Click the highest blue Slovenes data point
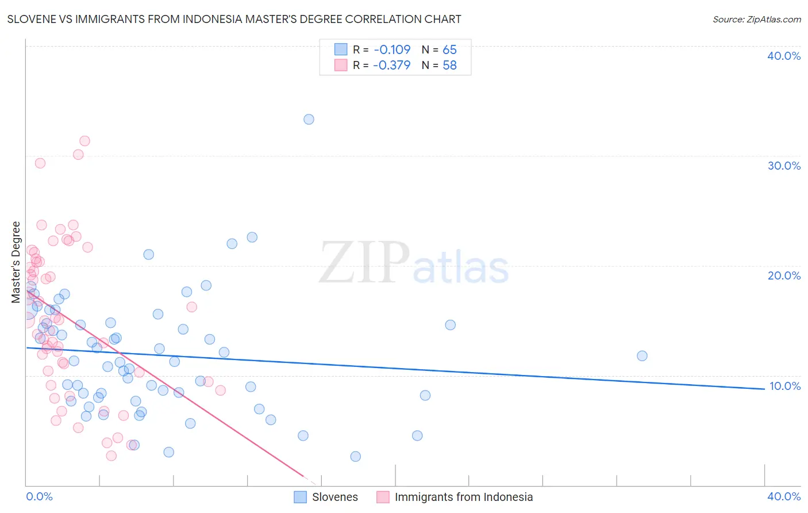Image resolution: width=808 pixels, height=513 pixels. coord(309,120)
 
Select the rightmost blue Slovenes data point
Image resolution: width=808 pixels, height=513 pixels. coord(642,356)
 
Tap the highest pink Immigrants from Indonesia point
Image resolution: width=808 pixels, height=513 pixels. coord(84,141)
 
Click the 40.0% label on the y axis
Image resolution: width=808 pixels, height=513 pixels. coord(784,56)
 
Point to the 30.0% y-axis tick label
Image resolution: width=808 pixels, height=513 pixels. coord(784,166)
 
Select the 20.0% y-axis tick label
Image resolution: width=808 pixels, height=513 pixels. coord(784,275)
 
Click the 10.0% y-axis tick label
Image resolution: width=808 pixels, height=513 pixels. coord(784,386)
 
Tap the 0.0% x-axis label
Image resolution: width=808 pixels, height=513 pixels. coord(40,496)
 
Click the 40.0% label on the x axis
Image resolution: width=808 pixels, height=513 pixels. coord(784,496)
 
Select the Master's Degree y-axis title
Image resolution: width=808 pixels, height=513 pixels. coord(16,262)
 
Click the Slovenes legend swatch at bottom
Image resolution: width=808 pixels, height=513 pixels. coord(300,497)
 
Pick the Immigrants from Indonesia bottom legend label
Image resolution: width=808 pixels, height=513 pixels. coord(464,497)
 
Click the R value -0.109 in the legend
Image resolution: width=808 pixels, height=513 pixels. coord(392,49)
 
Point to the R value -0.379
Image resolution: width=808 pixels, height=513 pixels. coord(392,65)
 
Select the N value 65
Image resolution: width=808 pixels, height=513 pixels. coord(449,49)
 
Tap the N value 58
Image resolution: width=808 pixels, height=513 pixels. coord(449,65)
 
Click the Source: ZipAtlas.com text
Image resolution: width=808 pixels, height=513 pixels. coord(756,19)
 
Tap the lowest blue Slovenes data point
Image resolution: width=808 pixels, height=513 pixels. coord(355,457)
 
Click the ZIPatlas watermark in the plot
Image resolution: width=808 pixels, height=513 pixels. coord(414,264)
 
